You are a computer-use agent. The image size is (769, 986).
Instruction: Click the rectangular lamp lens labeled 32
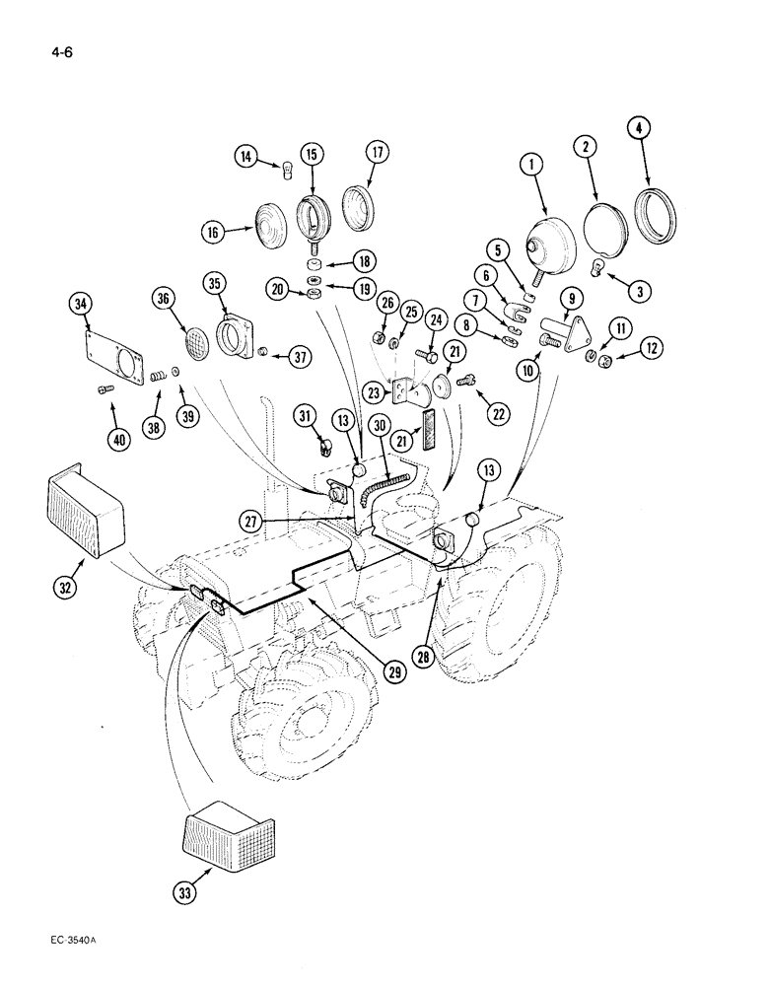85,517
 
